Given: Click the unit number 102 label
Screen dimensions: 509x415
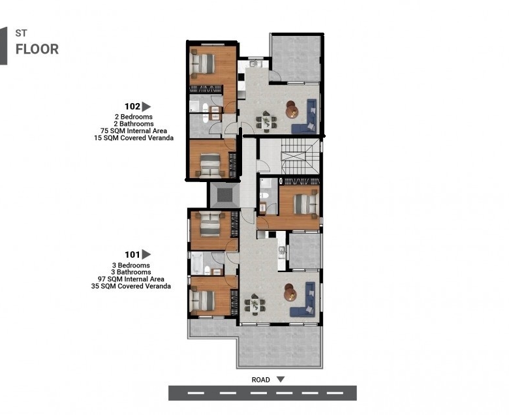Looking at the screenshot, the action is tap(132, 106).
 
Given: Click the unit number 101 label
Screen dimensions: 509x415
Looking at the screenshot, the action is tap(132, 254).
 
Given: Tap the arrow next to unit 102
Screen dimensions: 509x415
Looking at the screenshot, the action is tap(146, 107).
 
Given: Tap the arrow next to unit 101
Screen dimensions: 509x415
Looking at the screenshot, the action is tap(146, 254).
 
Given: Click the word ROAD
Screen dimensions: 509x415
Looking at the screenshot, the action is tap(260, 380).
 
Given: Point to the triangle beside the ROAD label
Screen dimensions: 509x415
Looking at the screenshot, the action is tap(281, 379).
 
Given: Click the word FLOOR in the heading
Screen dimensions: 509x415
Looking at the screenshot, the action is tap(37, 50).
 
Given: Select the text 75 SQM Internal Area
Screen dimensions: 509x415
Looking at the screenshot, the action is tap(134, 131).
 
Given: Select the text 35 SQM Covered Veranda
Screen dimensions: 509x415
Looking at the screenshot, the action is tap(131, 286).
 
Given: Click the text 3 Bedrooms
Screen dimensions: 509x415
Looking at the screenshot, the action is tap(131, 266).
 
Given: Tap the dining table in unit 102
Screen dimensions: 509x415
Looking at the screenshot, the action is tap(266, 121).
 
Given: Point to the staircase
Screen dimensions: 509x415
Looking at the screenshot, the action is tap(300, 157).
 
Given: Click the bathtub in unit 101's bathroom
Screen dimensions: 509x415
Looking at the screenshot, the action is tap(196, 263).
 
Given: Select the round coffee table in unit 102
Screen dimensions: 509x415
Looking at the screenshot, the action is tap(292, 110).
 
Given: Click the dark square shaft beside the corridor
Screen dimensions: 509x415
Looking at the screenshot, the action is tap(224, 195).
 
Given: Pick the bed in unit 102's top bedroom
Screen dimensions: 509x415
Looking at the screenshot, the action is tap(202, 63).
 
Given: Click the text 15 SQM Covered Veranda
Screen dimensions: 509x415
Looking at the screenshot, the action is tap(134, 138).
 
